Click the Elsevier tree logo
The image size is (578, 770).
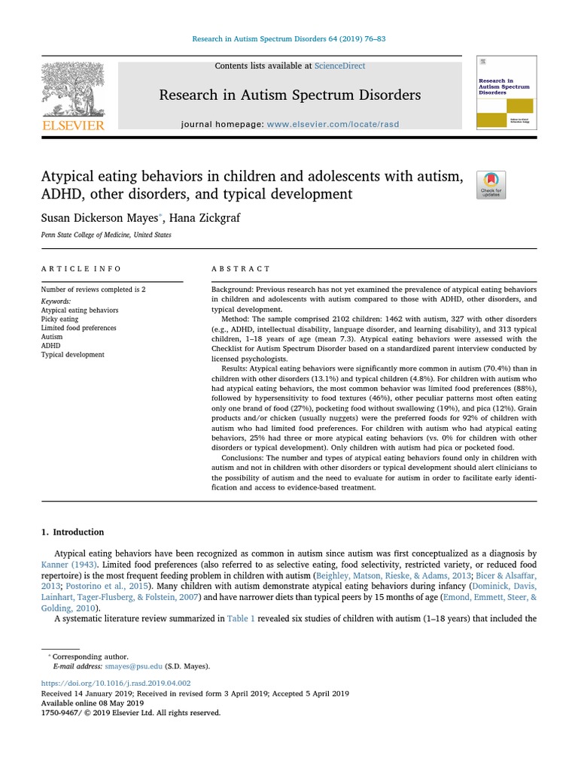pyautogui.click(x=73, y=90)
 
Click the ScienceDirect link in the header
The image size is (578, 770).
pyautogui.click(x=340, y=66)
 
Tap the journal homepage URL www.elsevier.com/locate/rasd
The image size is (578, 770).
pyautogui.click(x=333, y=124)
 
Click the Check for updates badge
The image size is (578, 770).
pyautogui.click(x=491, y=185)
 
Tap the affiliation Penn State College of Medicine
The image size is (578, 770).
pyautogui.click(x=106, y=235)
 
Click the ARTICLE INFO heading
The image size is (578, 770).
pyautogui.click(x=81, y=268)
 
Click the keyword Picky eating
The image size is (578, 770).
pyautogui.click(x=59, y=319)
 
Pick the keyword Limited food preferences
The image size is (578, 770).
pyautogui.click(x=78, y=328)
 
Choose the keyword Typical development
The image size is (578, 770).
pyautogui.click(x=72, y=355)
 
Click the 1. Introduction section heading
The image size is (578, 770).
pyautogui.click(x=73, y=532)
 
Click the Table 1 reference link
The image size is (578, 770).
pyautogui.click(x=242, y=619)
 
